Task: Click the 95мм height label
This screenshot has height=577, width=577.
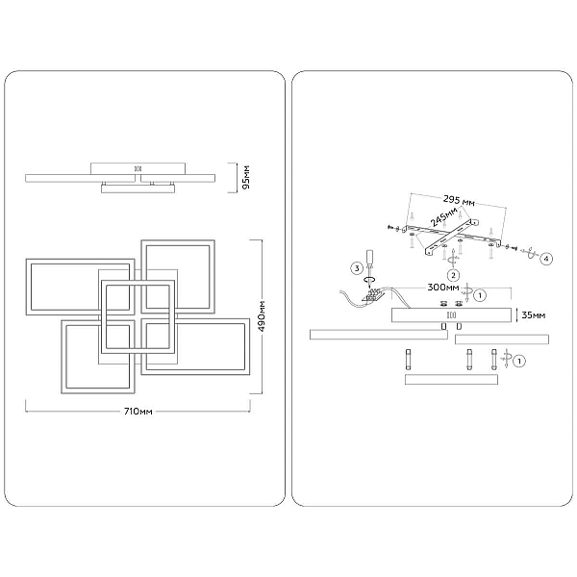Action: [x=246, y=177]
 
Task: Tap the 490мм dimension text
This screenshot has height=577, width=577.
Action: [x=262, y=316]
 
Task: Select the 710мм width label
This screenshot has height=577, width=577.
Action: [x=138, y=411]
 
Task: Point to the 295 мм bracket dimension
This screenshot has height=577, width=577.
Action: [x=459, y=201]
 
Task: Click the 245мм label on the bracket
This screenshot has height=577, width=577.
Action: [x=444, y=217]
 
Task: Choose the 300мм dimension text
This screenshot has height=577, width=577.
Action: [x=443, y=287]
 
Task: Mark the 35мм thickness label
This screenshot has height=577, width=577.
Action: [x=534, y=315]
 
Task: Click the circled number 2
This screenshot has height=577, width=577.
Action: [x=453, y=275]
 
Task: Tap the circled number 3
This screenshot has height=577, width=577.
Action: [x=357, y=268]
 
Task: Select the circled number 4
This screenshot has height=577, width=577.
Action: [x=546, y=259]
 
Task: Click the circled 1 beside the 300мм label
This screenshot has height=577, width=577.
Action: [x=480, y=295]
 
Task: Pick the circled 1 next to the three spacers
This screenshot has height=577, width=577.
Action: [x=519, y=362]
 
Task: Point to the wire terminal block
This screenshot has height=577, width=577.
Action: [x=373, y=295]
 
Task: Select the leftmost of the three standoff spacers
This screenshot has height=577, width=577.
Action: [x=408, y=360]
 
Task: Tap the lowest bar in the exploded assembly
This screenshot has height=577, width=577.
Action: [x=451, y=380]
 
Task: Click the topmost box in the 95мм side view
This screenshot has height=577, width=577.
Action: [x=138, y=169]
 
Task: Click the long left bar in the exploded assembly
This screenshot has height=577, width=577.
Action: [x=379, y=335]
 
